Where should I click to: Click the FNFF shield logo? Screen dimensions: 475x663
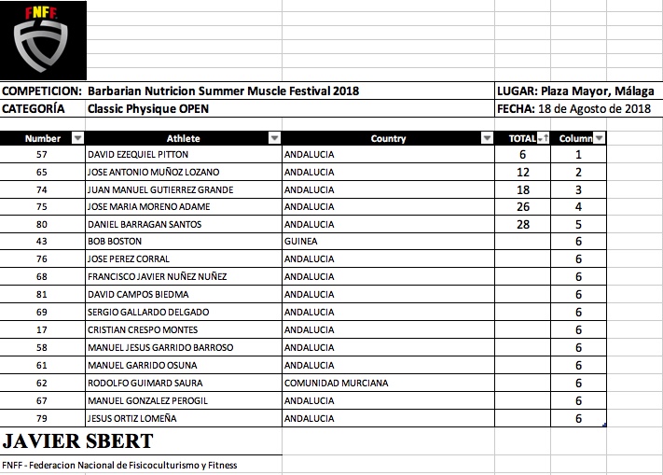pyautogui.click(x=44, y=40)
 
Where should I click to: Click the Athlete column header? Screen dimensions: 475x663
pyautogui.click(x=183, y=138)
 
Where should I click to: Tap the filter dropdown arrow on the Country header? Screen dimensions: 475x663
pyautogui.click(x=487, y=138)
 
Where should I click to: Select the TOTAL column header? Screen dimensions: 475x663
pyautogui.click(x=521, y=138)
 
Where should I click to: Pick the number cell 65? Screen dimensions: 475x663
pyautogui.click(x=42, y=173)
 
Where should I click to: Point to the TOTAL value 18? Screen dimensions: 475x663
pyautogui.click(x=522, y=189)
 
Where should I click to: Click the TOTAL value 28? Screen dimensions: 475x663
pyautogui.click(x=522, y=225)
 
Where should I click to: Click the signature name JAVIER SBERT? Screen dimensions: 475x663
pyautogui.click(x=78, y=440)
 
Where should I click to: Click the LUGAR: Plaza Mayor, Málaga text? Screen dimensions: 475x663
pyautogui.click(x=573, y=91)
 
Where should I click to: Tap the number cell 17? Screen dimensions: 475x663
pyautogui.click(x=42, y=329)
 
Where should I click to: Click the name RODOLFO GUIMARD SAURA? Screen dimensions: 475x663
pyautogui.click(x=145, y=383)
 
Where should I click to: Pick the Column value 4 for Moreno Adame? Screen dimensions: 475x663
pyautogui.click(x=578, y=207)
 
